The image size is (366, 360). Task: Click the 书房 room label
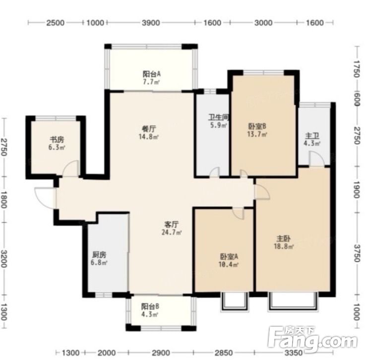click(57, 140)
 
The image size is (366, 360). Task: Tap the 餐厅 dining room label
click(149, 129)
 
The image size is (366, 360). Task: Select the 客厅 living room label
click(172, 224)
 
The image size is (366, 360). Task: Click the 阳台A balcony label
click(152, 74)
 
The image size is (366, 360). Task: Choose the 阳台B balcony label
click(150, 306)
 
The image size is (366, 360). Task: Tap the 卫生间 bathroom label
click(219, 117)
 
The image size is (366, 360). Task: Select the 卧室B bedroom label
click(257, 127)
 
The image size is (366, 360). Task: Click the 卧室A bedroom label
click(229, 257)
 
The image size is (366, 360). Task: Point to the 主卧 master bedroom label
click(284, 239)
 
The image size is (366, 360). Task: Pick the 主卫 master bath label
click(312, 136)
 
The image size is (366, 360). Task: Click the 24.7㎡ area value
click(172, 232)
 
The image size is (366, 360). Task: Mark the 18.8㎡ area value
click(284, 246)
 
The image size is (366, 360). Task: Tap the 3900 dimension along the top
click(151, 23)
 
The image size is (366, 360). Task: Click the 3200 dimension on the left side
click(4, 259)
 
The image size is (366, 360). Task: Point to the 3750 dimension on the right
click(357, 253)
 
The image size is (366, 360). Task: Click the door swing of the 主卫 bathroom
click(317, 159)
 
